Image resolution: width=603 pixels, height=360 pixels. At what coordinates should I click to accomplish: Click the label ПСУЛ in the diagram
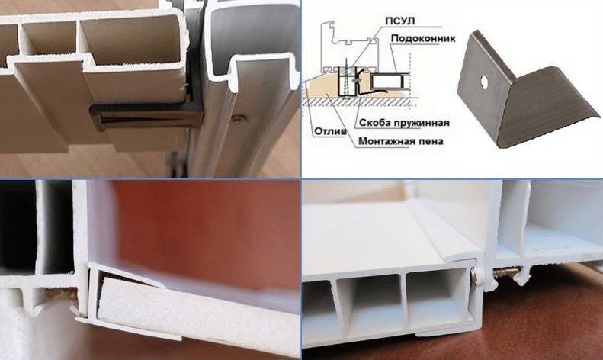[400, 21]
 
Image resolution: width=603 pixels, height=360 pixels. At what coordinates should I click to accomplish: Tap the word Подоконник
[423, 38]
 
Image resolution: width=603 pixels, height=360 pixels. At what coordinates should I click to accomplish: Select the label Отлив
[330, 132]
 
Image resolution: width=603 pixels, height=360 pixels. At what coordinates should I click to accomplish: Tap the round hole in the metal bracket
[484, 80]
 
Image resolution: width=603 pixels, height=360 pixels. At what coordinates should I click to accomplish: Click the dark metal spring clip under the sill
[146, 116]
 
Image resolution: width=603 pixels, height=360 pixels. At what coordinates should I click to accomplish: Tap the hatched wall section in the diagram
[361, 101]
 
